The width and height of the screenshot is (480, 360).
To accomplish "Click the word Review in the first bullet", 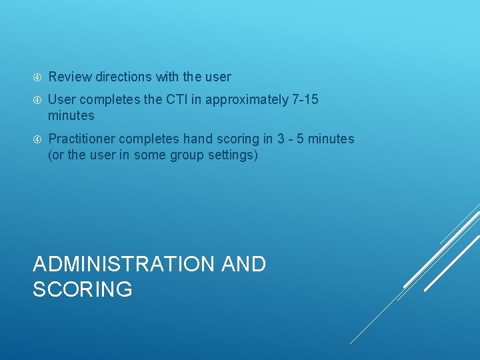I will (x=70, y=77).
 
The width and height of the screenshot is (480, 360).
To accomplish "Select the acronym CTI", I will (x=189, y=100).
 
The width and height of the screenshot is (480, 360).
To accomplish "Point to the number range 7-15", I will (x=305, y=100).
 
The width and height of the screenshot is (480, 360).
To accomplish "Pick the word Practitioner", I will (x=81, y=139).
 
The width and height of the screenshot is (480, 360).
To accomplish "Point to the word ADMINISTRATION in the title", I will (x=125, y=264).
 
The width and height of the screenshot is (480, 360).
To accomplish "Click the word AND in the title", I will (x=243, y=264).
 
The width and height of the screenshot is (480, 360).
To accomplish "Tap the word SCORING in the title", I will (x=82, y=289).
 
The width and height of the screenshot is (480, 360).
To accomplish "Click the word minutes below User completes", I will (x=71, y=116).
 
